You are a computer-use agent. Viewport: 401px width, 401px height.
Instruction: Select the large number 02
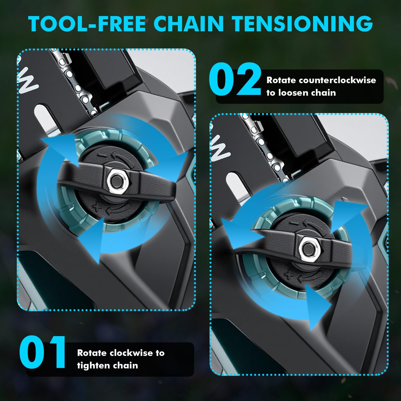(x=235, y=79)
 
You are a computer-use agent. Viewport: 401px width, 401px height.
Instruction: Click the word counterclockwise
(x=337, y=80)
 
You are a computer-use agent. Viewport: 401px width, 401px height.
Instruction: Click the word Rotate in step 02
(x=281, y=80)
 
